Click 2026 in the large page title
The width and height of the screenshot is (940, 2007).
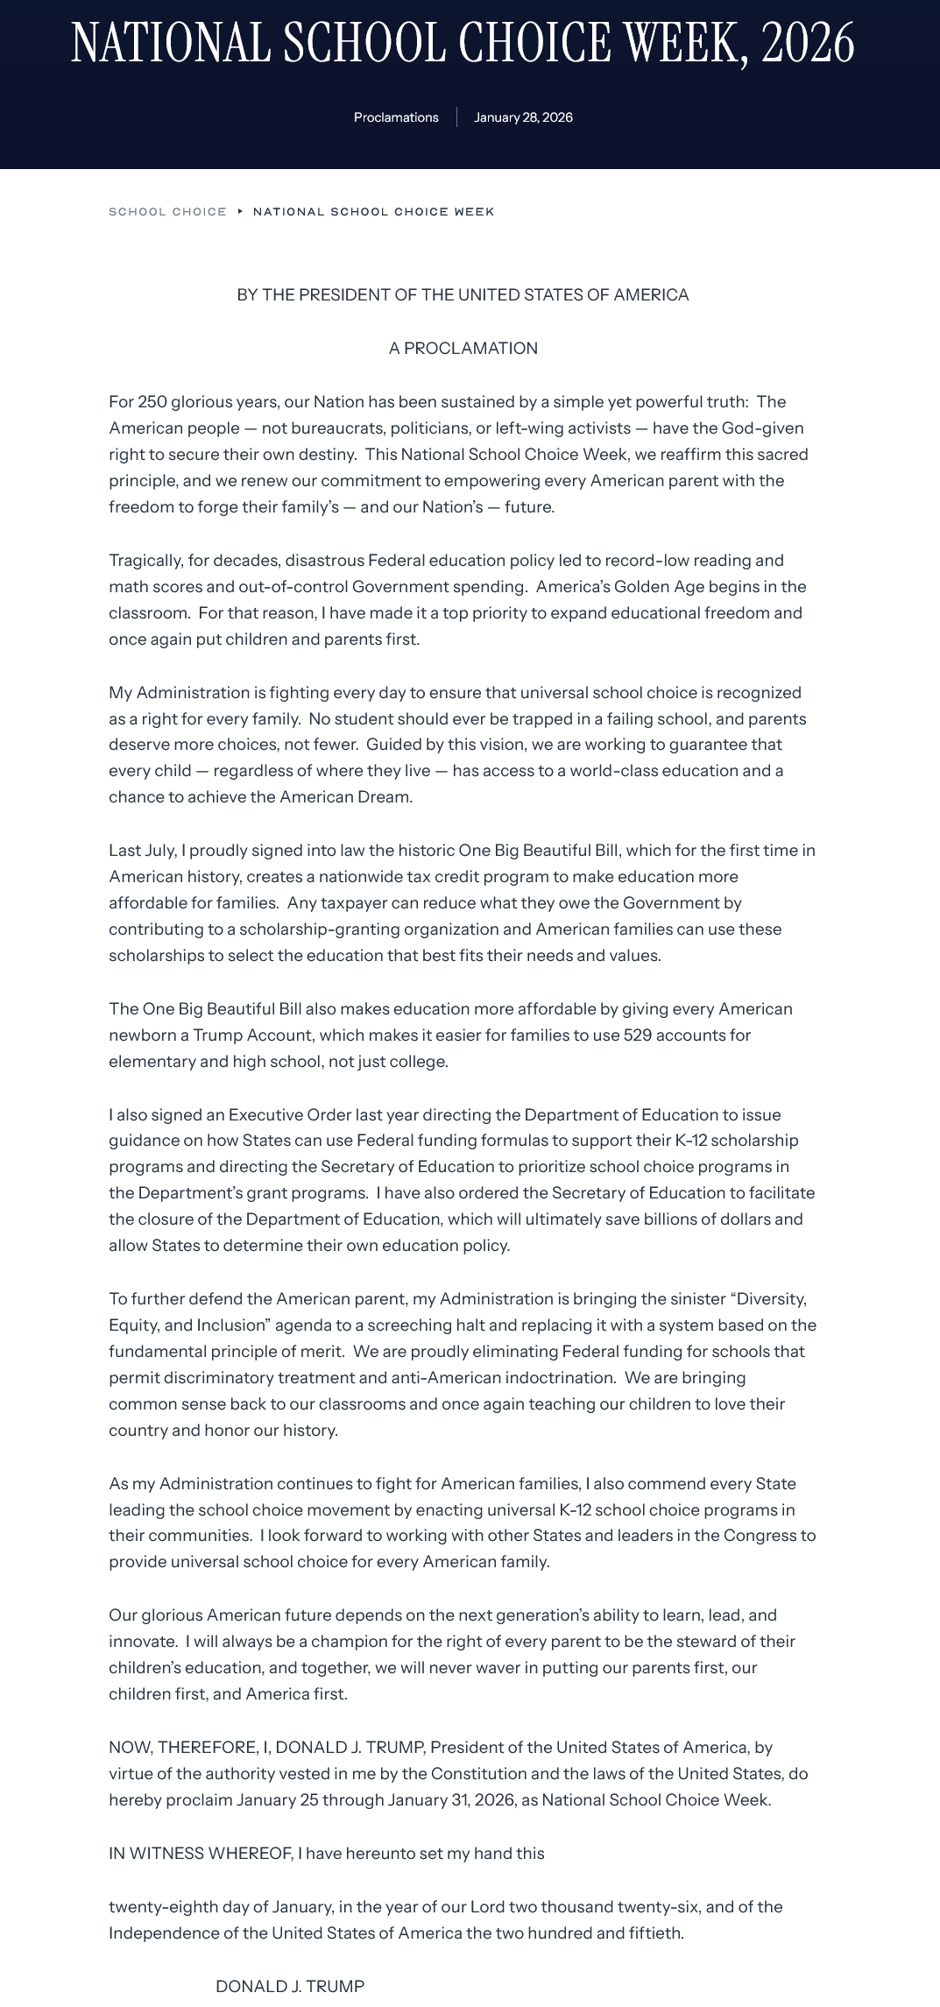click(807, 42)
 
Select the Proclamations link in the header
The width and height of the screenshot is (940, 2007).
click(396, 117)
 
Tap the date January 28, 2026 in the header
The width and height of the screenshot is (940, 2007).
click(523, 117)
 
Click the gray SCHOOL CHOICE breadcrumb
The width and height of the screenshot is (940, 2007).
click(167, 212)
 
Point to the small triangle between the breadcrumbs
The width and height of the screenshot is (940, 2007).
click(240, 211)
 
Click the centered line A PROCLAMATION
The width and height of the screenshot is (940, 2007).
click(463, 348)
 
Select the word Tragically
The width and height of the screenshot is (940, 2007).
click(145, 561)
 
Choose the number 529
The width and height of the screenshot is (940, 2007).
click(637, 1035)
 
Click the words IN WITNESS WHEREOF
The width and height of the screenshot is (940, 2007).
click(201, 1854)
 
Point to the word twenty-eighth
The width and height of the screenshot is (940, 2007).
click(156, 1907)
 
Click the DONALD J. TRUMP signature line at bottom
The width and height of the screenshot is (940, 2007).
click(290, 1987)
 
